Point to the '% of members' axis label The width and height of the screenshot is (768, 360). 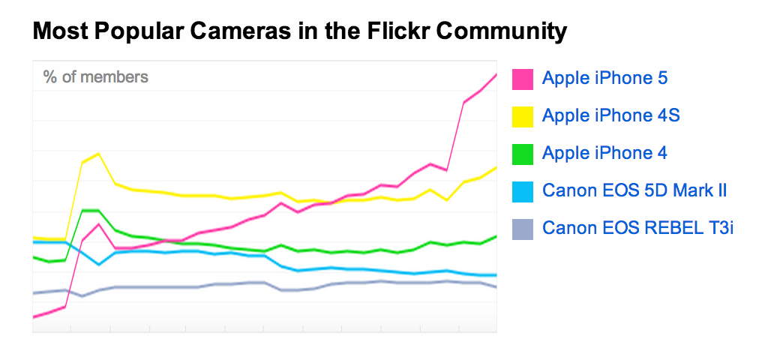click(x=95, y=76)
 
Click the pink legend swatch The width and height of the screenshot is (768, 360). click(x=523, y=79)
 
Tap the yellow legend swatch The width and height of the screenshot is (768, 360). click(x=523, y=116)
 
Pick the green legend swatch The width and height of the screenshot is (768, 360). click(x=523, y=154)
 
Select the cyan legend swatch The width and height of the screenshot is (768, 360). click(x=523, y=191)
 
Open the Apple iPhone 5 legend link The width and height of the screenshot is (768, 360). click(x=604, y=78)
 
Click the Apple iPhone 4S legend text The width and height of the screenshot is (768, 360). click(x=610, y=115)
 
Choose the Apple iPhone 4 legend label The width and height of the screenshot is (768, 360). click(x=604, y=153)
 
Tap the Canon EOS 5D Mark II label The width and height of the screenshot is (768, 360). click(x=634, y=190)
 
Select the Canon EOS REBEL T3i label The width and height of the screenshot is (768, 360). click(x=637, y=228)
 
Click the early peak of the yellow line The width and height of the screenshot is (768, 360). click(x=98, y=154)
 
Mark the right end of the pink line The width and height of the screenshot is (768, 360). click(x=496, y=74)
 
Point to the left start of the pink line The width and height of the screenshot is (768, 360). click(x=34, y=317)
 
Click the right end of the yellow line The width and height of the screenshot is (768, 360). click(x=496, y=168)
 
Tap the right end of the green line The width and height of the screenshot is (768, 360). click(x=496, y=236)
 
